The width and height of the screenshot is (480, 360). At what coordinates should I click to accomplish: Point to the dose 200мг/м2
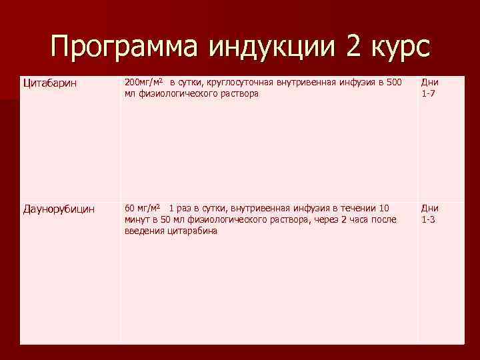[x=145, y=82]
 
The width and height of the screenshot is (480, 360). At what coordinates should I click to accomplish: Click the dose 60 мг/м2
[x=143, y=208]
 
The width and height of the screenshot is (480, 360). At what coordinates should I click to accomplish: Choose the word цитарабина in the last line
[x=192, y=231]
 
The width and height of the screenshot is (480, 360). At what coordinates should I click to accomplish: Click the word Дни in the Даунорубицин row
[x=430, y=209]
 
